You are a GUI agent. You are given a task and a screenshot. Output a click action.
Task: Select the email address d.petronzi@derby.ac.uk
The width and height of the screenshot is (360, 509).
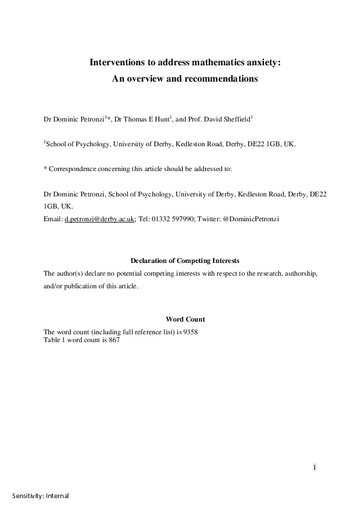click(x=100, y=218)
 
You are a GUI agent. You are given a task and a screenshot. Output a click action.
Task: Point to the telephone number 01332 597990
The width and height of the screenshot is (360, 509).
click(x=170, y=218)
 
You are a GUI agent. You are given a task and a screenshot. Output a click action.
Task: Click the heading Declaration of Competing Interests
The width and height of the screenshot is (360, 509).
click(x=185, y=261)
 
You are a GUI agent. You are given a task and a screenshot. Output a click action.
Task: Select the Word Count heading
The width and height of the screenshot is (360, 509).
click(x=185, y=319)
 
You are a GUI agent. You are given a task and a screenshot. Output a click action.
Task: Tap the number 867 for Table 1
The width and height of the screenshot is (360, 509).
click(x=114, y=340)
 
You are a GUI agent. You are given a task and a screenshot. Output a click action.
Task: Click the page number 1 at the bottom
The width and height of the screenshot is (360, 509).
click(x=315, y=467)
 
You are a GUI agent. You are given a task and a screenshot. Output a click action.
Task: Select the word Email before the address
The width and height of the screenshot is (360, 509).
click(x=53, y=218)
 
